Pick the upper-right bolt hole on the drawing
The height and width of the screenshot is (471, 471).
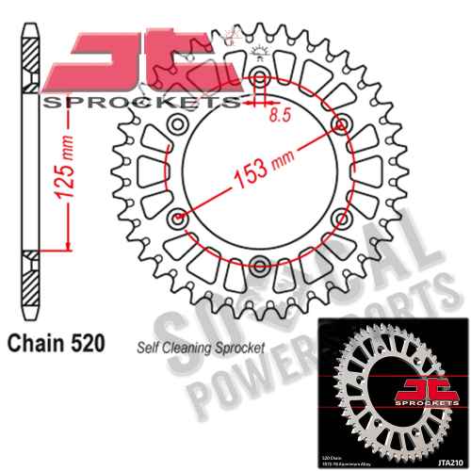point(340,123)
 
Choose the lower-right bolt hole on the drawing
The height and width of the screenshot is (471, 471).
point(340,216)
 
